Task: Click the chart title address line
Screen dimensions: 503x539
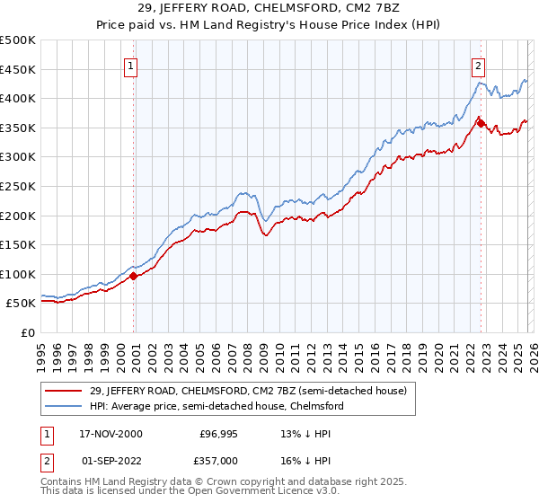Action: click(x=269, y=8)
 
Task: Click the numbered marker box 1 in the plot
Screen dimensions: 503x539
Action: click(x=131, y=66)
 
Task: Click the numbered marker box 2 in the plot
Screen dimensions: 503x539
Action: click(x=479, y=66)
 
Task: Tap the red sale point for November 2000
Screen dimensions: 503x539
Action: click(x=134, y=276)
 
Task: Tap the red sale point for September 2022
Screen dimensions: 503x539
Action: click(x=481, y=123)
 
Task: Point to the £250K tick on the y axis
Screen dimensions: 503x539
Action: click(x=18, y=186)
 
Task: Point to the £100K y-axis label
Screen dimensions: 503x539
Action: click(x=18, y=274)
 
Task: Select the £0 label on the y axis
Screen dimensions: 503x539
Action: click(x=29, y=332)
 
